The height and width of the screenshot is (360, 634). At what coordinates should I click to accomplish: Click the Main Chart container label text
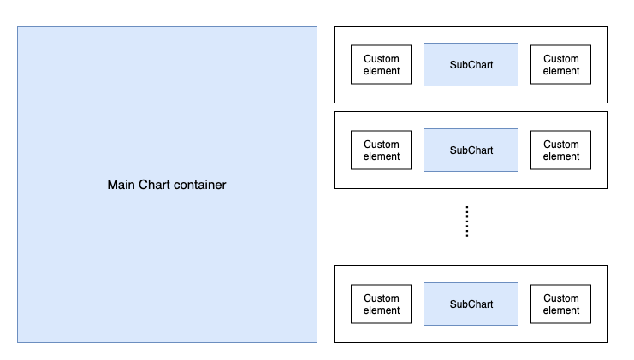[x=167, y=185]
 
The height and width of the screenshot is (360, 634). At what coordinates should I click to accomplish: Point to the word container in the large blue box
[x=198, y=185]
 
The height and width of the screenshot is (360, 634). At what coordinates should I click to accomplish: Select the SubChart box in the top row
[x=471, y=65]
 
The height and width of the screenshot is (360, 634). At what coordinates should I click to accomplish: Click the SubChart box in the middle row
[x=471, y=150]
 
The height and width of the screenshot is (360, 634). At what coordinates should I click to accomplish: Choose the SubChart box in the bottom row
[x=471, y=304]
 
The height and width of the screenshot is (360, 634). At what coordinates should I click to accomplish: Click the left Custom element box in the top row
[x=382, y=65]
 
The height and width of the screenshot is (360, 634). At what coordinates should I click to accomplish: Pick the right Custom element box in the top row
[x=561, y=65]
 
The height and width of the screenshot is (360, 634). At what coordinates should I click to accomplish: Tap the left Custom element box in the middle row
[x=382, y=150]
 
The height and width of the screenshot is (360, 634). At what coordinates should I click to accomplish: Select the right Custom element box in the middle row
[x=561, y=150]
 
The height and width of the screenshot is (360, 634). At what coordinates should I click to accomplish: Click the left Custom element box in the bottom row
[x=382, y=304]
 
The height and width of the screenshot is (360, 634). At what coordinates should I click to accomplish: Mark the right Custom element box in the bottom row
[x=561, y=304]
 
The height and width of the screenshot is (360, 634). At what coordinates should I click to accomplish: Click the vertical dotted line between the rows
[x=466, y=221]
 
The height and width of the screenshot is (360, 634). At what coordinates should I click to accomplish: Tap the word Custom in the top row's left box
[x=382, y=59]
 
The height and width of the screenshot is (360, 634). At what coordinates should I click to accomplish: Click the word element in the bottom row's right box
[x=561, y=310]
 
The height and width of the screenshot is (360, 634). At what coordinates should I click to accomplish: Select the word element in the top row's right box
[x=561, y=71]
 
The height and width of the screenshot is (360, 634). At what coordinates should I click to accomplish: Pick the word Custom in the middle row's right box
[x=561, y=145]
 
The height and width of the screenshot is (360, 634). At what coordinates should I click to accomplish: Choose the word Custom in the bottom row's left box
[x=382, y=298]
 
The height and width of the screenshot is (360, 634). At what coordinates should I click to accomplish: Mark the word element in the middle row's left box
[x=382, y=156]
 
